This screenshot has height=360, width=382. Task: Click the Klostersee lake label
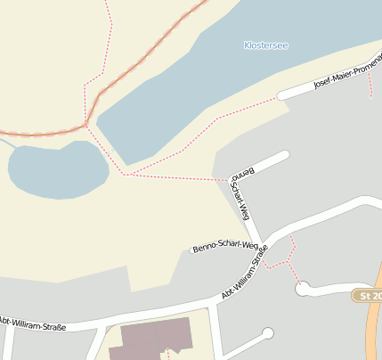[265, 45]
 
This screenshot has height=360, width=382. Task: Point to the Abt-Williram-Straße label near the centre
[244, 275]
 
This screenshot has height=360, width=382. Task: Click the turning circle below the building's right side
[267, 334]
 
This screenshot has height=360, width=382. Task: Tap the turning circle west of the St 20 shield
[303, 288]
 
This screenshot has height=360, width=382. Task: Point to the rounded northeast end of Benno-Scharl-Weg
[285, 155]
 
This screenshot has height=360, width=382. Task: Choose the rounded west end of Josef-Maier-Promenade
[281, 94]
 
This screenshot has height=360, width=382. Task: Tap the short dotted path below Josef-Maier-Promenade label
[369, 85]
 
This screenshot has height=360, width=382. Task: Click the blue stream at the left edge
[5, 143]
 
